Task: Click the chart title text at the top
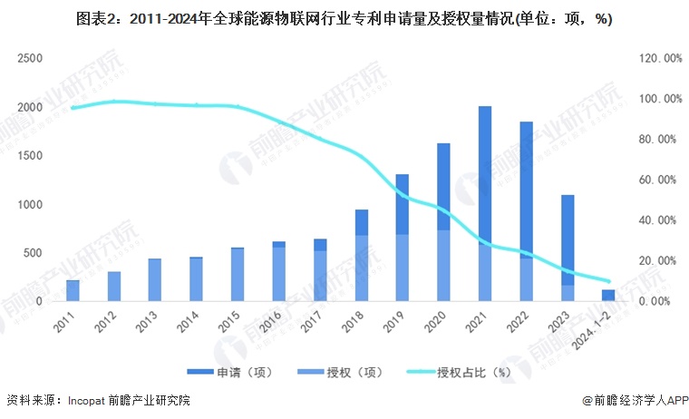click(x=344, y=20)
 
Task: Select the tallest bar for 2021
click(x=485, y=203)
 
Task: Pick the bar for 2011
click(x=73, y=290)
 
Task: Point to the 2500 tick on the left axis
click(x=31, y=58)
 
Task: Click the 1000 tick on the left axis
click(x=31, y=204)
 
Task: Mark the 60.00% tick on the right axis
click(x=661, y=180)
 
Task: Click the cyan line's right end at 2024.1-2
click(x=607, y=281)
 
